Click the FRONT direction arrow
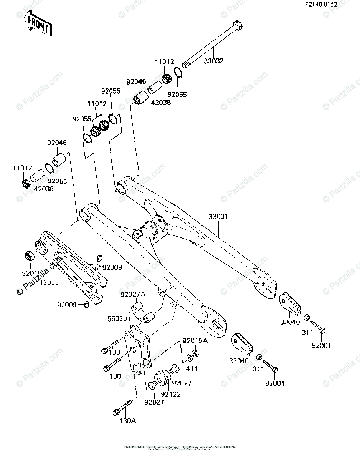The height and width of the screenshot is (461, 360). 37,25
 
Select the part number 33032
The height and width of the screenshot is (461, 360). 213,61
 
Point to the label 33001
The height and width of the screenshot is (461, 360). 218,217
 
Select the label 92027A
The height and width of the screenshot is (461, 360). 133,295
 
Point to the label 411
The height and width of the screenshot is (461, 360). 191,369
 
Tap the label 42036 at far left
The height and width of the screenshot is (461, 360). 43,189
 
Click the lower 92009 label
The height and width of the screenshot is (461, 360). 68,305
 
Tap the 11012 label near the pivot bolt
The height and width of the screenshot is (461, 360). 164,61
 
